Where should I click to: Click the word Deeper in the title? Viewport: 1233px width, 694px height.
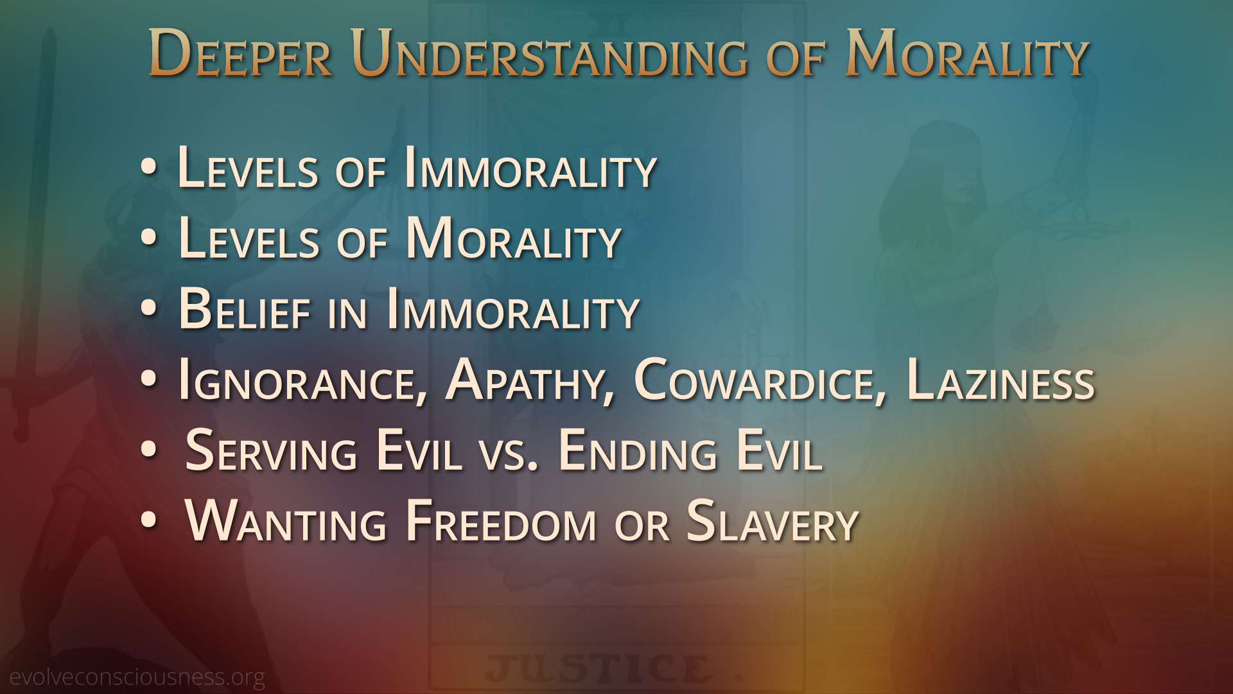tap(240, 53)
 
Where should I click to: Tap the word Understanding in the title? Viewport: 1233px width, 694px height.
tap(550, 53)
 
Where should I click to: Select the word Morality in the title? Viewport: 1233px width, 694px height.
tap(967, 53)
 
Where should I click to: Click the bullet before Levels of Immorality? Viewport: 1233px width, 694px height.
tap(148, 168)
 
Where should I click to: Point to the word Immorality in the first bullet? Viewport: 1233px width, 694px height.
tap(530, 168)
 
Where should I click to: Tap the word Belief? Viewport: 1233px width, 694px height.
tap(245, 310)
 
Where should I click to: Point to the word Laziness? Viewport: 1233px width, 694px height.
tap(1001, 380)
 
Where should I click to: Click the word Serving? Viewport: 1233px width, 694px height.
tap(270, 451)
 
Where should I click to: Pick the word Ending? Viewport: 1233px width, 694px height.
tap(638, 451)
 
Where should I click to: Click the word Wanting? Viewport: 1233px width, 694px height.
tap(286, 522)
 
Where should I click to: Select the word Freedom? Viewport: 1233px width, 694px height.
tap(502, 522)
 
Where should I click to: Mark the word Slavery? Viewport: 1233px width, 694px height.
tap(773, 522)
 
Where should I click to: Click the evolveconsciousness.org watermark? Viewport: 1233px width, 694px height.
tap(137, 677)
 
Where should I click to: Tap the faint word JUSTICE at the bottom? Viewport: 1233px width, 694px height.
tap(599, 669)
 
